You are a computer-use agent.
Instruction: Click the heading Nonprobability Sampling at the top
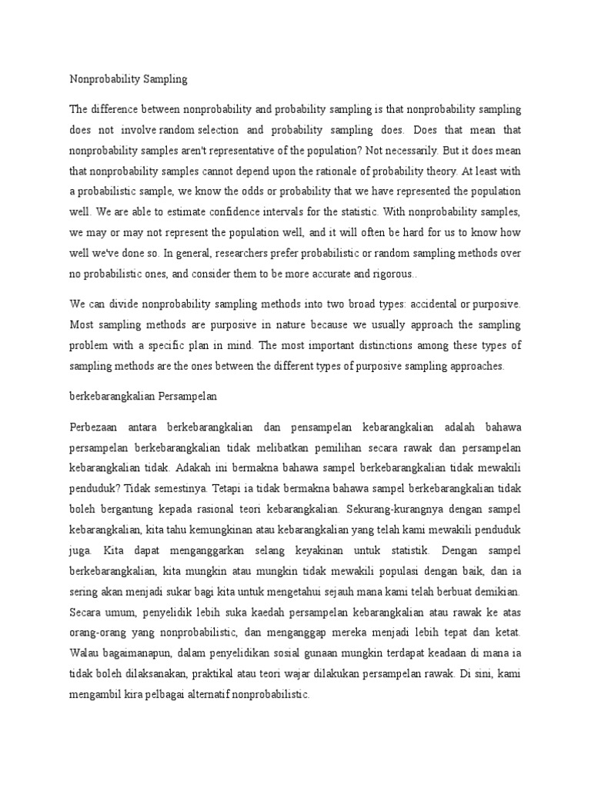(129, 79)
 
